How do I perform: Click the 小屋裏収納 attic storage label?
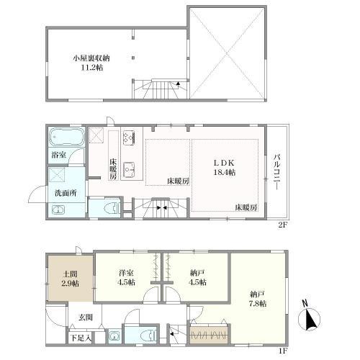pos(91,58)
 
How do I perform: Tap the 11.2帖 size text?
pos(92,68)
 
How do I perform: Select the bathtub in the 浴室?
pos(67,137)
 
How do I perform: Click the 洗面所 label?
pos(66,193)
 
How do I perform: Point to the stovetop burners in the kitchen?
pos(129,138)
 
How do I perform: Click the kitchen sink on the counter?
pos(129,169)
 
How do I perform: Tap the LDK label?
pos(224,163)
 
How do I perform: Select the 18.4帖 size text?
pos(224,172)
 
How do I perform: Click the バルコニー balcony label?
pos(276,172)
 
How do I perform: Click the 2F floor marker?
pos(282,225)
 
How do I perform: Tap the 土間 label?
pos(70,274)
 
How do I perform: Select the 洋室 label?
pos(126,273)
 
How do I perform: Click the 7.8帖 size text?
pos(258,303)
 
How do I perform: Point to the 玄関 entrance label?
pos(85,318)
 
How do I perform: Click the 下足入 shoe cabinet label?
pos(81,338)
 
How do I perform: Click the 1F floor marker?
pos(283,351)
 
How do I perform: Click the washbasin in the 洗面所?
pos(58,210)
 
